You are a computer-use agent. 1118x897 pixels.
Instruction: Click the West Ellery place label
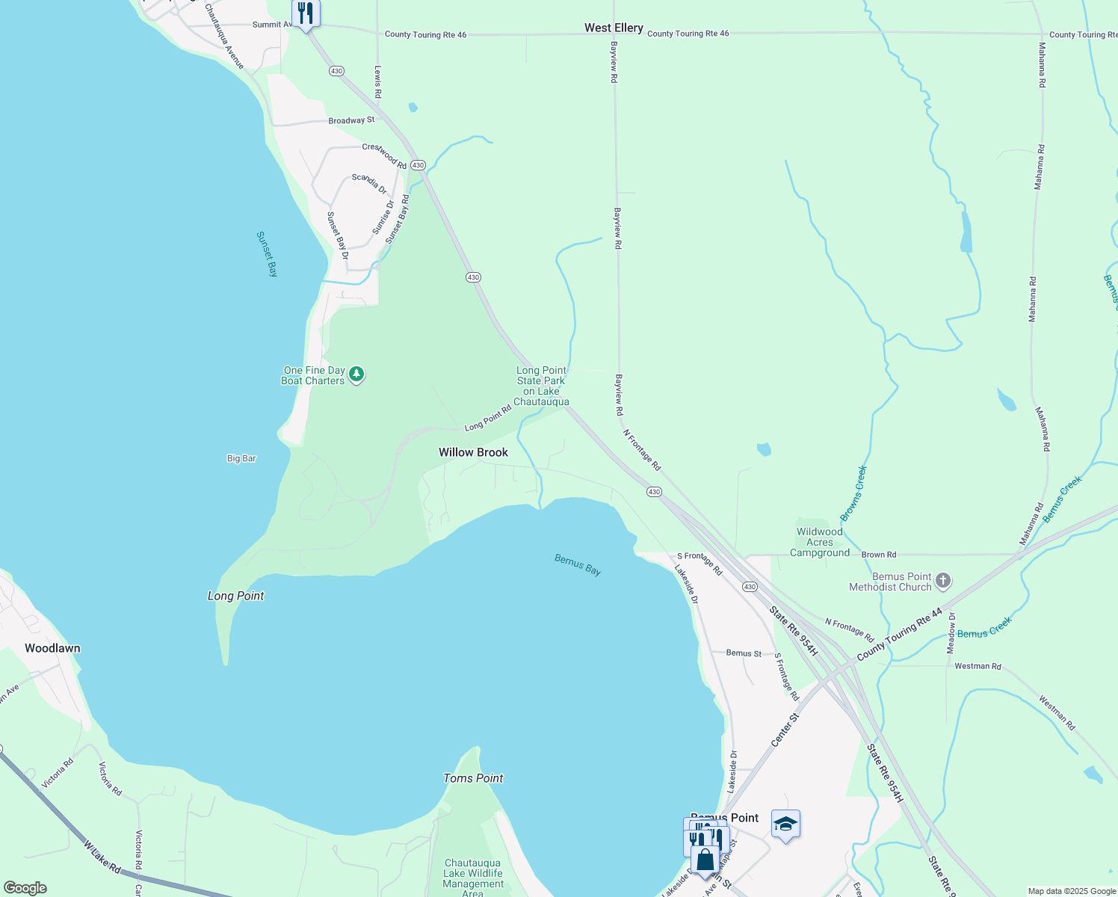pos(614,28)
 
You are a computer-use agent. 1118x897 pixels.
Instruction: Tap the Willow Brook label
pos(473,452)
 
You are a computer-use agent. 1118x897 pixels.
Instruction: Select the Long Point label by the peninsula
pos(235,596)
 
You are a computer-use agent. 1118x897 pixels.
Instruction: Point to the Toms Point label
pos(473,778)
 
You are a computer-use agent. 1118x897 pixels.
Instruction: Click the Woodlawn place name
pos(52,648)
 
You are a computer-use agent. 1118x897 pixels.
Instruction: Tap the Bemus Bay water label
pos(578,565)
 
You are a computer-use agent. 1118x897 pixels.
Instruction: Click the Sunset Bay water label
pos(267,254)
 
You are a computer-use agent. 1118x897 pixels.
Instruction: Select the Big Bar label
pos(241,458)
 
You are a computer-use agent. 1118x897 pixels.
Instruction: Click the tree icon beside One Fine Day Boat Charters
pos(357,374)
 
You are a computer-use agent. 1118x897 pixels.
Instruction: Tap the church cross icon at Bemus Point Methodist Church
pos(943,581)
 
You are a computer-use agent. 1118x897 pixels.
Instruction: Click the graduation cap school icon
pos(785,824)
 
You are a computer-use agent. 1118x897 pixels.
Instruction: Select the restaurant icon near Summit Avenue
pos(306,13)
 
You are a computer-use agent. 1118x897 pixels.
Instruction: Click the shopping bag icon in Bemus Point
pos(705,860)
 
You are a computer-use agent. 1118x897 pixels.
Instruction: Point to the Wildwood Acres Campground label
pos(820,542)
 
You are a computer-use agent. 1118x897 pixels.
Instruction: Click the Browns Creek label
pos(853,493)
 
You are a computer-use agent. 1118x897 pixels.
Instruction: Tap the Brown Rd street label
pos(879,555)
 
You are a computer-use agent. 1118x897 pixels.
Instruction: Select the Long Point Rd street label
pos(488,418)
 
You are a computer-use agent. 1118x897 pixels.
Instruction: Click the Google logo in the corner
pos(25,888)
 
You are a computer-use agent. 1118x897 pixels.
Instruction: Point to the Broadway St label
pos(351,120)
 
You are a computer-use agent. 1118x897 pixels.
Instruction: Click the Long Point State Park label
pos(542,386)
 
